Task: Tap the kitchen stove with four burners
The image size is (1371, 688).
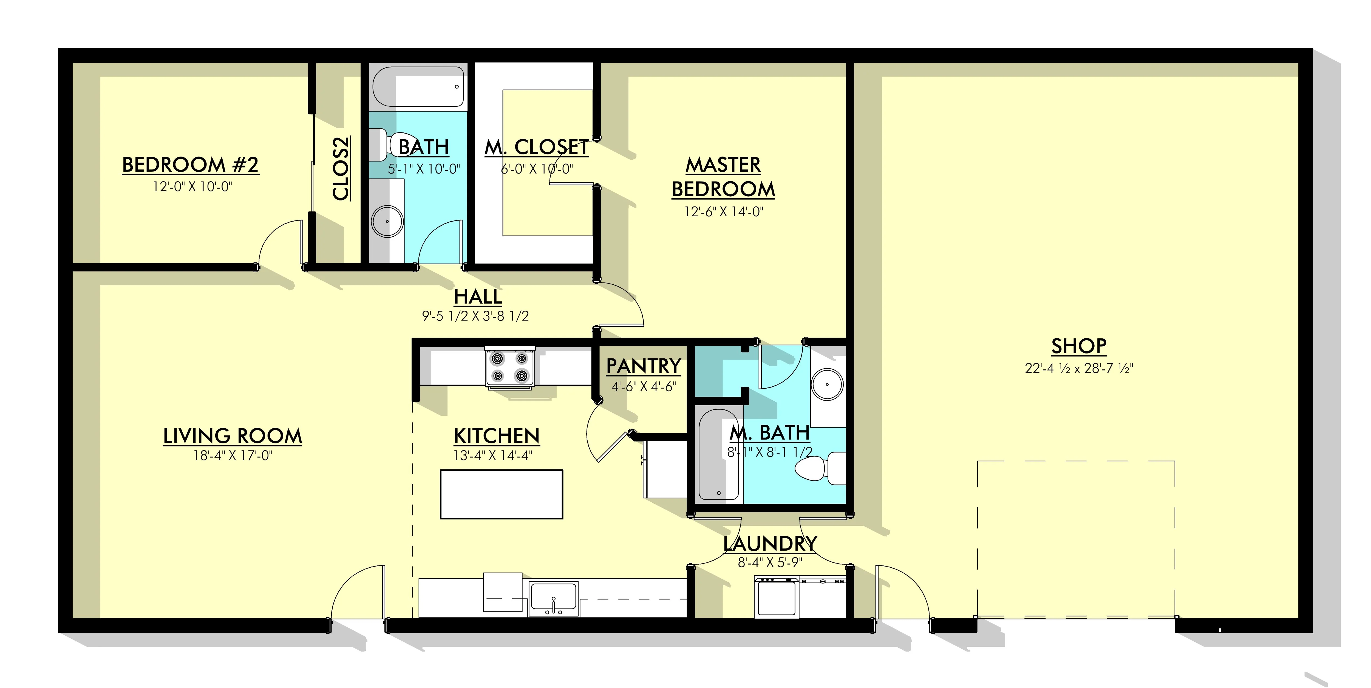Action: (x=510, y=367)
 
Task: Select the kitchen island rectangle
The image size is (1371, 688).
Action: (x=501, y=494)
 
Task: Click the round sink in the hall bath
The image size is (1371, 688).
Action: (x=387, y=221)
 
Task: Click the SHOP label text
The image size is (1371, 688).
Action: (x=1079, y=346)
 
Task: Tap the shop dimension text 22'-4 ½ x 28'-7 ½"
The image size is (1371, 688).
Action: (x=1079, y=368)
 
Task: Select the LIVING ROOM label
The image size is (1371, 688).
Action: (x=233, y=436)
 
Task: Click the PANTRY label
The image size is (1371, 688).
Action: (x=644, y=366)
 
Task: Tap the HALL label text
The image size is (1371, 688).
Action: (x=478, y=296)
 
